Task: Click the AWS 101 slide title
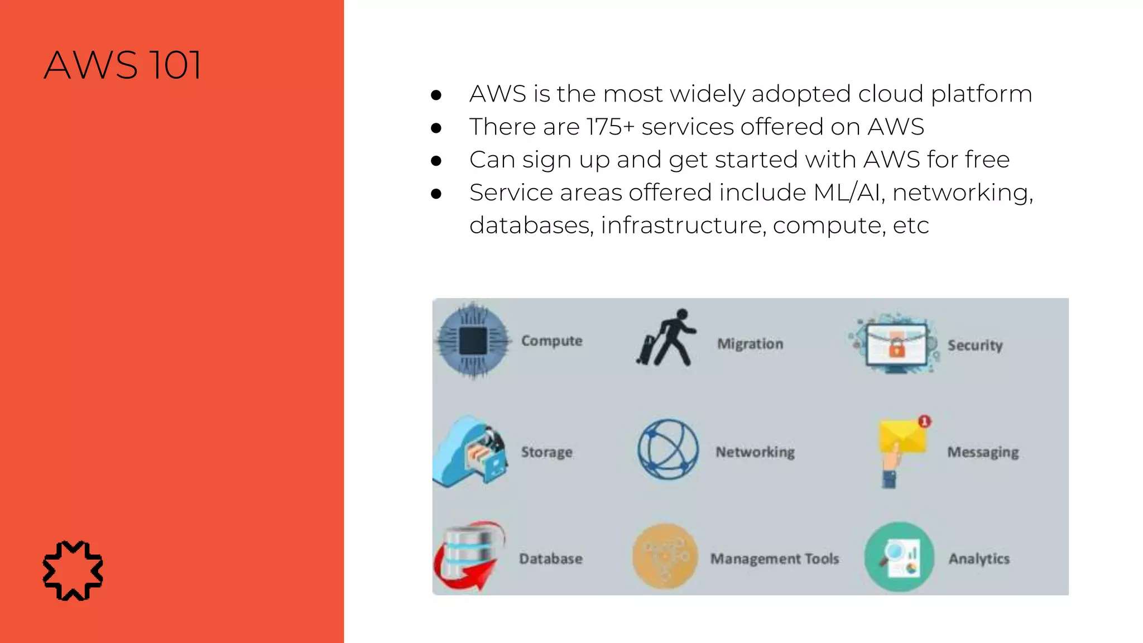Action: (x=122, y=65)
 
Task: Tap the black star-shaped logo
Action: (x=73, y=570)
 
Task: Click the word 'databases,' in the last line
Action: (x=531, y=225)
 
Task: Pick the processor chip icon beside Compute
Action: (x=473, y=340)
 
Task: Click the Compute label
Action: (x=551, y=340)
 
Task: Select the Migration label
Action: (x=750, y=344)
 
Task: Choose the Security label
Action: (x=975, y=346)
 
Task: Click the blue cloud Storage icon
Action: (x=470, y=452)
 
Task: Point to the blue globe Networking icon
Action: (x=668, y=449)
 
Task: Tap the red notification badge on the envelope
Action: (x=924, y=421)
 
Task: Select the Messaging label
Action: (x=983, y=452)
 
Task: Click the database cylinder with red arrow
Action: (x=469, y=557)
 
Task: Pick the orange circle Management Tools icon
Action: (x=665, y=556)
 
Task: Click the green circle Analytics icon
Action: (x=899, y=557)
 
